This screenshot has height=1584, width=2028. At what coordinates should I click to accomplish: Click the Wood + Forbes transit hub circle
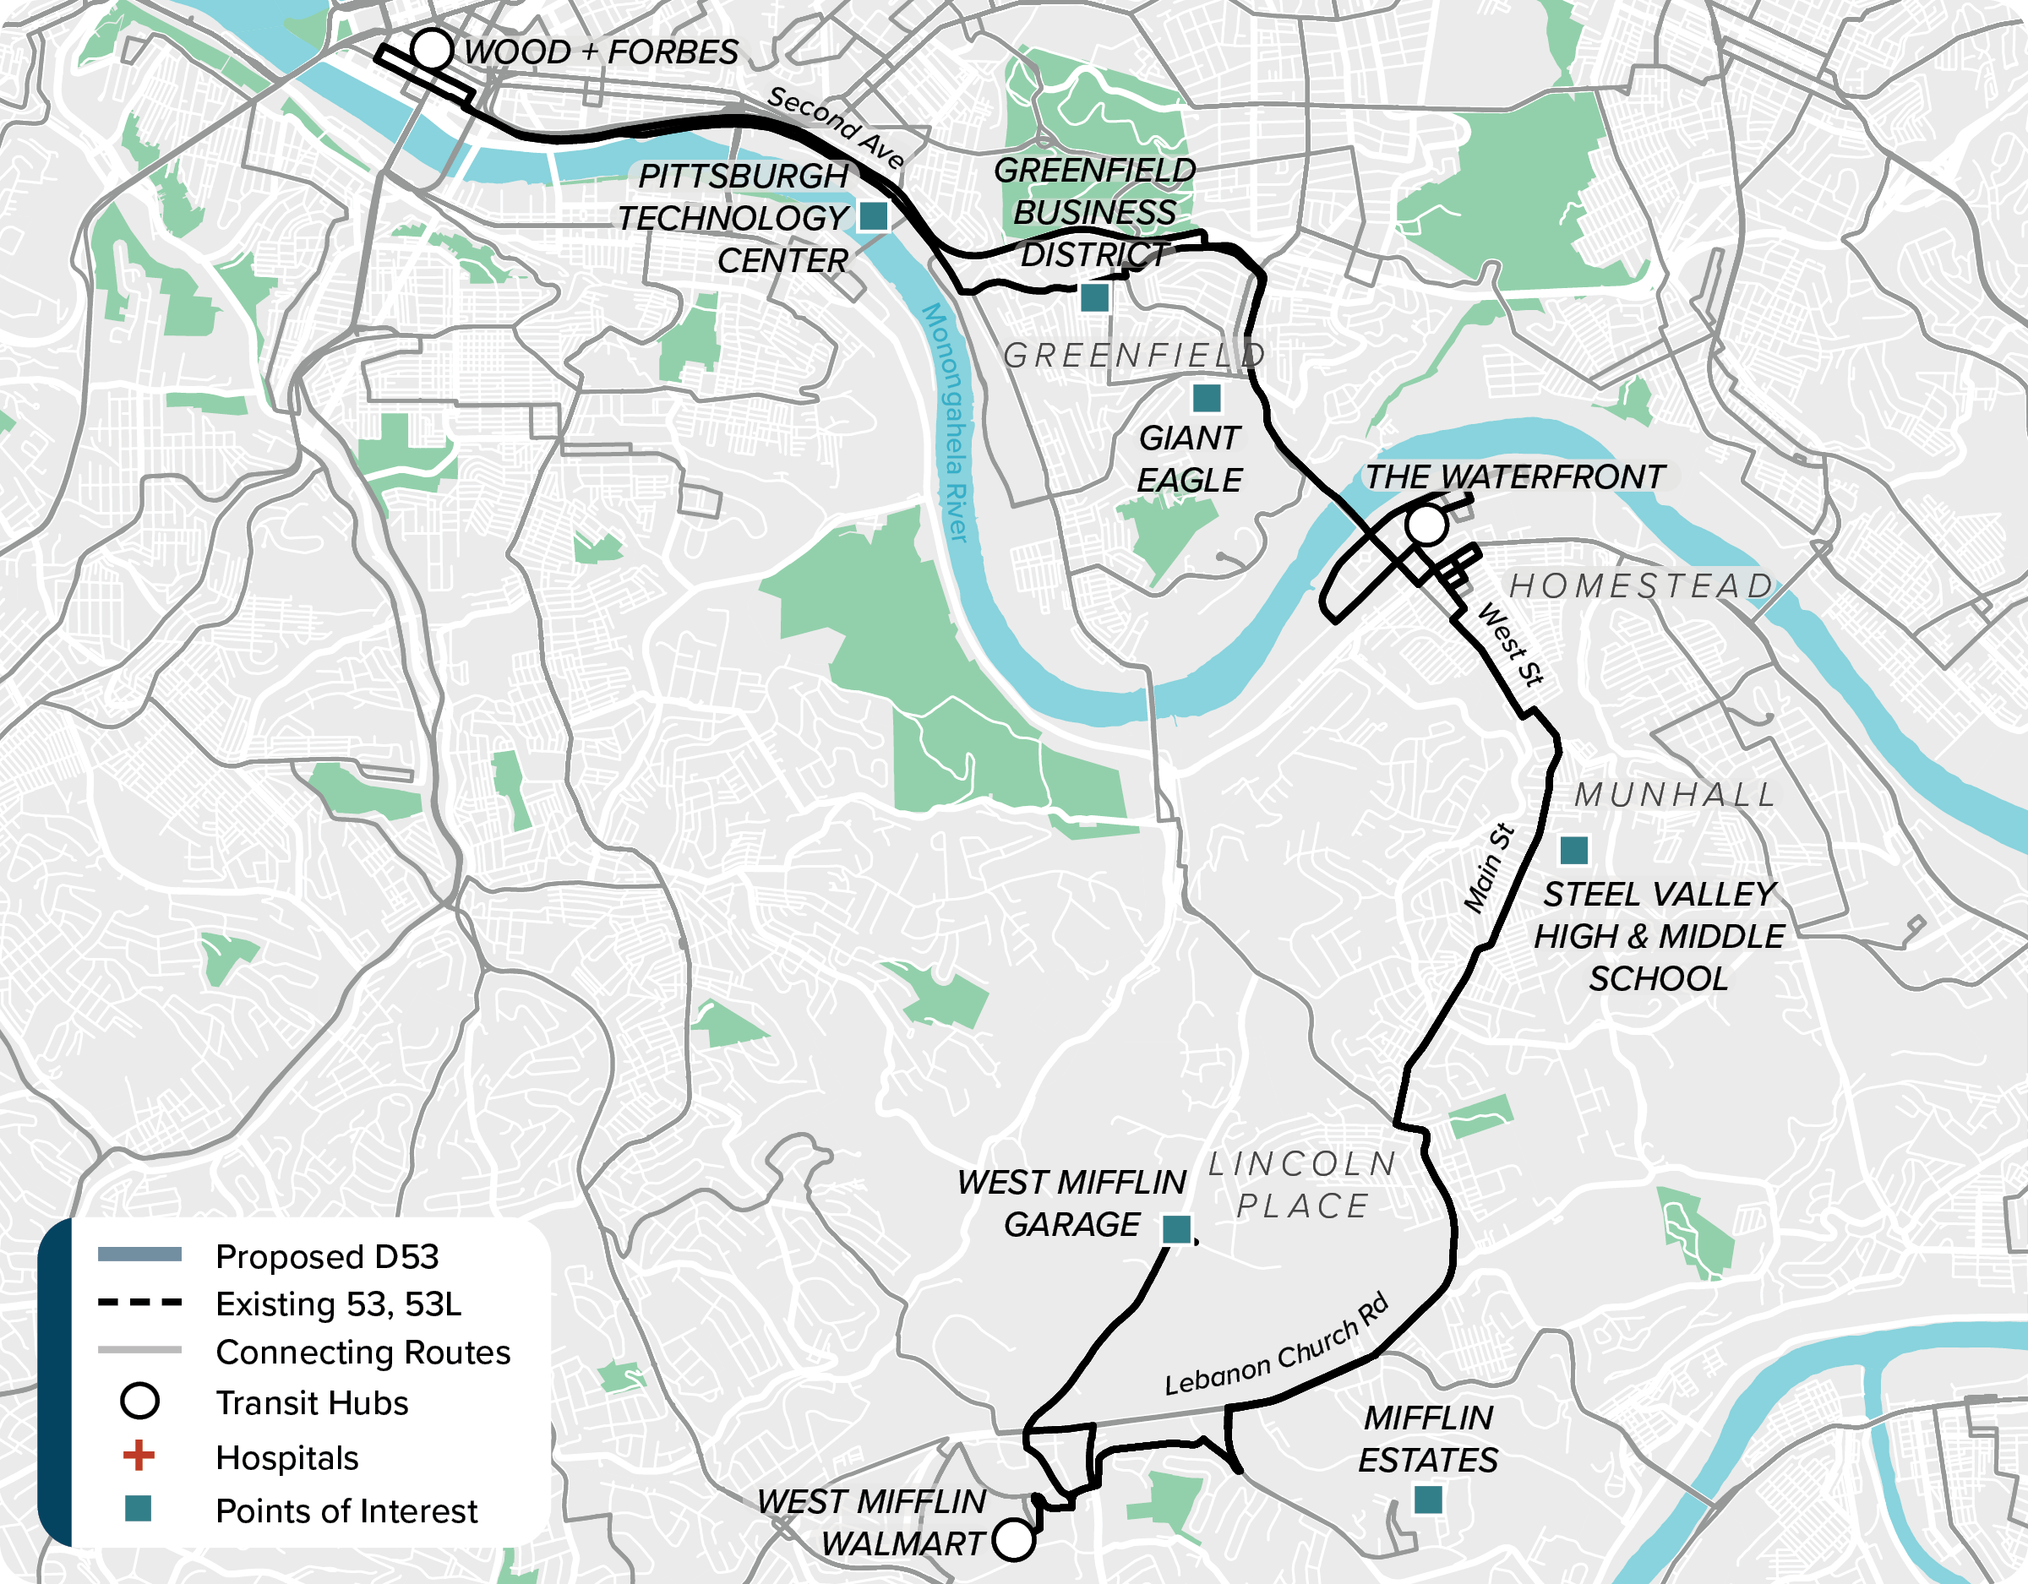point(432,49)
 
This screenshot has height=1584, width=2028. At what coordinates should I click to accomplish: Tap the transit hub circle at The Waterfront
point(1426,525)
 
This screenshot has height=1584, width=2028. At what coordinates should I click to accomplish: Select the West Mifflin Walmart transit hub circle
point(1013,1540)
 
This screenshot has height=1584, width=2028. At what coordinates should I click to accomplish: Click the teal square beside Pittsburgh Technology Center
point(873,216)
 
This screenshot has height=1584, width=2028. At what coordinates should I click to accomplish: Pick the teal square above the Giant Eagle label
point(1206,398)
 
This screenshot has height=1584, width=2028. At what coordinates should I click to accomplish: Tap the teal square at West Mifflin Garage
point(1176,1228)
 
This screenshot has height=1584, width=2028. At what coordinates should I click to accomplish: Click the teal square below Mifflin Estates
point(1428,1500)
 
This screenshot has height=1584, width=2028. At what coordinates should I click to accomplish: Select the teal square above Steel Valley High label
point(1574,850)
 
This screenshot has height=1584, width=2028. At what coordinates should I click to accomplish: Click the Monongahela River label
point(946,422)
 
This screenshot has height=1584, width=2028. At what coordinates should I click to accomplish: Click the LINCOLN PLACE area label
point(1303,1184)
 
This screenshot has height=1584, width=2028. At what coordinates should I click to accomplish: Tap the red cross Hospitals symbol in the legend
point(139,1456)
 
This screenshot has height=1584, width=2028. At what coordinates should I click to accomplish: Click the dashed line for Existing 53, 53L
point(139,1303)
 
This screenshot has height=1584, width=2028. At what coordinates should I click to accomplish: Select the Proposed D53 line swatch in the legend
point(139,1255)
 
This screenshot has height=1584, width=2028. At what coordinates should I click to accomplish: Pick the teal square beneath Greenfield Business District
point(1095,298)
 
